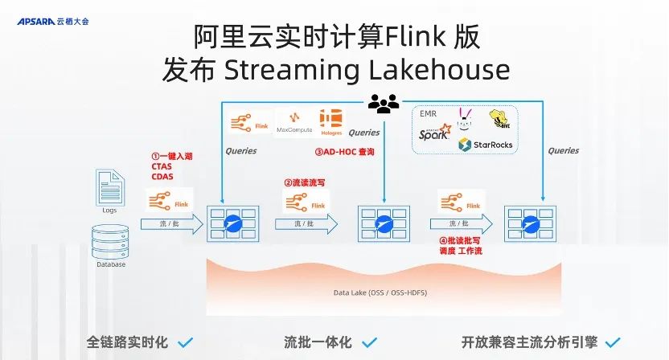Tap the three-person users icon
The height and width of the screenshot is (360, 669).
[383, 102]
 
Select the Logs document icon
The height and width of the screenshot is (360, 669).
[109, 186]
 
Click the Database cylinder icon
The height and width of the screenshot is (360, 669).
[110, 240]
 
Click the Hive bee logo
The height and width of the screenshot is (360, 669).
[500, 120]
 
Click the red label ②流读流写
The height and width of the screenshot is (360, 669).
[304, 182]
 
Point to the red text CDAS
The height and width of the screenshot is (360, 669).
[162, 177]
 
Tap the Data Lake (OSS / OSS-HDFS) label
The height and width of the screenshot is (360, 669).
[380, 292]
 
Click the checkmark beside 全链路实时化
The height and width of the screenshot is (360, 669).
[185, 342]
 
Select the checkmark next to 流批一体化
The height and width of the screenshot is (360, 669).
[368, 342]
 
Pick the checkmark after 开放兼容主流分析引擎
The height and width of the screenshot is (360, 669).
[614, 342]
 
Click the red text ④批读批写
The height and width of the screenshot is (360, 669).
[459, 239]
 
